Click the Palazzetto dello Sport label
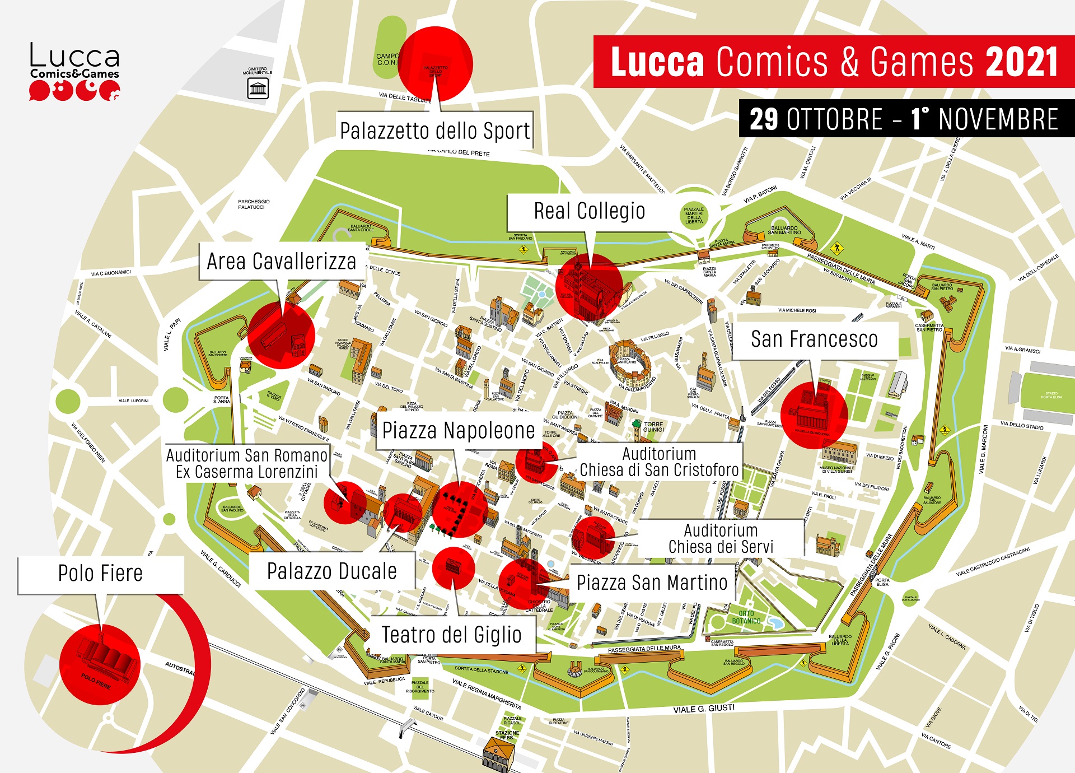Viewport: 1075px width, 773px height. pyautogui.click(x=434, y=131)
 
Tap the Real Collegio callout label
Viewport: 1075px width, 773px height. pyautogui.click(x=589, y=212)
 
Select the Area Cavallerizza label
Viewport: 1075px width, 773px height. pyautogui.click(x=282, y=262)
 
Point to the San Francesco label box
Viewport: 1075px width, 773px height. pyautogui.click(x=814, y=339)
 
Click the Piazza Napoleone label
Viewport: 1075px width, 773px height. pyautogui.click(x=458, y=431)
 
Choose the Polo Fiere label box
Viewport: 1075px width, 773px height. pyautogui.click(x=101, y=574)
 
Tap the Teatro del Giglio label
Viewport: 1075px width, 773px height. pyautogui.click(x=451, y=635)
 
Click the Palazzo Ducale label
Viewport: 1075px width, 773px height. pyautogui.click(x=331, y=572)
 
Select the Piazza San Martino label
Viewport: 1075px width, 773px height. pyautogui.click(x=652, y=583)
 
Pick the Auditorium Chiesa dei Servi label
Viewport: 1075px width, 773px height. pyautogui.click(x=721, y=538)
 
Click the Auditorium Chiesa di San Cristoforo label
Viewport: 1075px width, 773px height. pyautogui.click(x=659, y=462)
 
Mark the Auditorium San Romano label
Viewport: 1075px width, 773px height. pyautogui.click(x=247, y=463)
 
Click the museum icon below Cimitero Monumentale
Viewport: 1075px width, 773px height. pyautogui.click(x=258, y=89)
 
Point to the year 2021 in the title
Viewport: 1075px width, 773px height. pyautogui.click(x=1021, y=62)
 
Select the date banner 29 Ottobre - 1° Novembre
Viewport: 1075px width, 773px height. pyautogui.click(x=904, y=119)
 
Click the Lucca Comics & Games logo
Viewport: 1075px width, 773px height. pyautogui.click(x=74, y=72)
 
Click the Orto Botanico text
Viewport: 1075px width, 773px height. pyautogui.click(x=746, y=617)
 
